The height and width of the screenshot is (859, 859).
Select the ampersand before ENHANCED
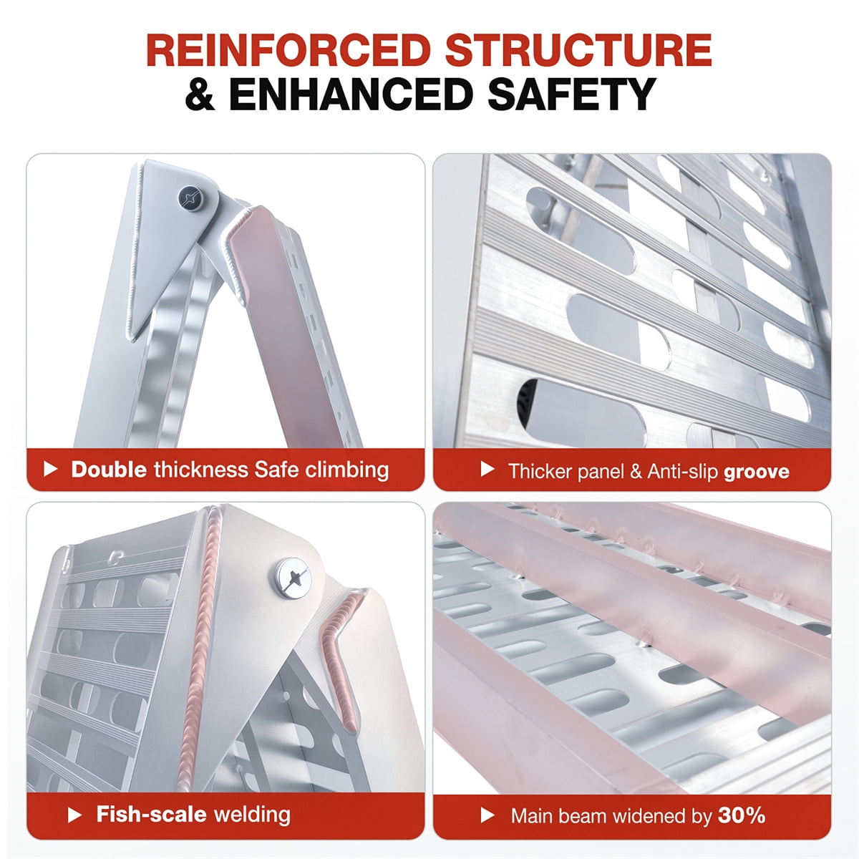pos(200,94)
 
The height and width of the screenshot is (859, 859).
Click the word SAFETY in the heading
pos(572,94)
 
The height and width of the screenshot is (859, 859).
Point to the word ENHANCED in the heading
pos(350,94)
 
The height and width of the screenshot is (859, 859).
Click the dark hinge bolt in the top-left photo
pos(191,198)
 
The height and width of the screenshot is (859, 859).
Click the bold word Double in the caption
pos(110,470)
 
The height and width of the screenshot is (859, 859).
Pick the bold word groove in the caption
pos(757,472)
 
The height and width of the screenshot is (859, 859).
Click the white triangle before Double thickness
pos(50,469)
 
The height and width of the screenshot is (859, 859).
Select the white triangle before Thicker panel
pos(487,469)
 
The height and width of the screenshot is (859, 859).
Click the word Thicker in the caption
pos(538,471)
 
